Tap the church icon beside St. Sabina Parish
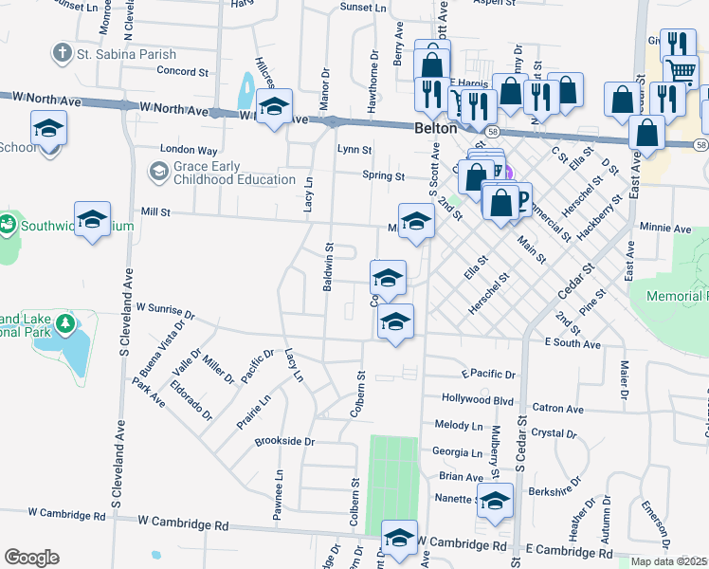(63, 52)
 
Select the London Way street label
(189, 150)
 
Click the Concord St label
(182, 71)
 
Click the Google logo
(31, 558)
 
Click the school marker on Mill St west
(93, 220)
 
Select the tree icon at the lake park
(64, 325)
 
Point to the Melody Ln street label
(458, 426)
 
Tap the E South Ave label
(572, 343)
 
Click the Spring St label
(383, 175)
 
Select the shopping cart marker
(681, 73)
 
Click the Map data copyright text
(669, 561)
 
